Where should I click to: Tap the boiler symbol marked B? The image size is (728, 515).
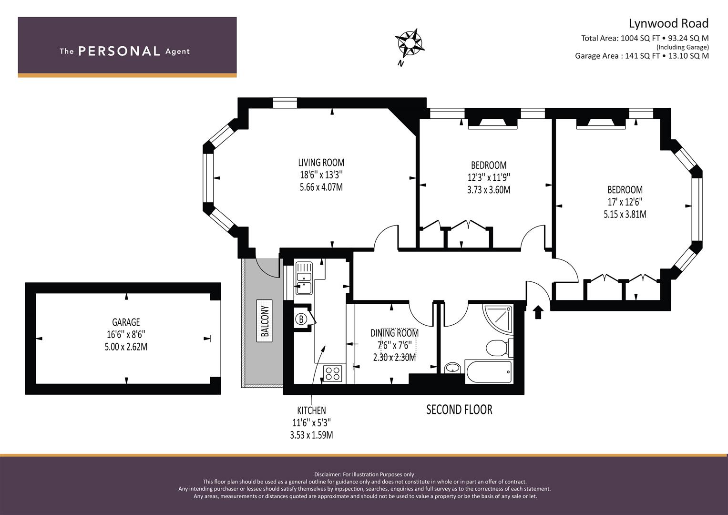pos(301,319)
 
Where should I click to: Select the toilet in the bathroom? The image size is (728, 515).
pos(499,348)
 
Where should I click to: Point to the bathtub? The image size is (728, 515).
pos(489,371)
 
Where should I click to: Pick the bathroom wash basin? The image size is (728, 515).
pos(453,368)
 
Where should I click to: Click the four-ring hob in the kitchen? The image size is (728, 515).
pos(333,373)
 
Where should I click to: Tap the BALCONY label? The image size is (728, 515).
pos(265,320)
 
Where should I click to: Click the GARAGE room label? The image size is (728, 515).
pos(126,322)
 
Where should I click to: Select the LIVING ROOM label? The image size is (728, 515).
pos(321,163)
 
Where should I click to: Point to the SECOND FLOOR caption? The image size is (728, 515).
pos(459,410)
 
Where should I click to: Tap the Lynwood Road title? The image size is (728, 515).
pos(668,23)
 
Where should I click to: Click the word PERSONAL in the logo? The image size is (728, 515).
pos(119,51)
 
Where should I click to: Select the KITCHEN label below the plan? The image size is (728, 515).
pos(311,410)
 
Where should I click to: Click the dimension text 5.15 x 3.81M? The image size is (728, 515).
pos(625,215)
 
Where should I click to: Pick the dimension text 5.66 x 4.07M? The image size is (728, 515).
pos(321,187)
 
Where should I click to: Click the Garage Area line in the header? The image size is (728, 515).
pos(642,56)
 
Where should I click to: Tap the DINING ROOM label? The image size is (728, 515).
pos(394,333)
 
